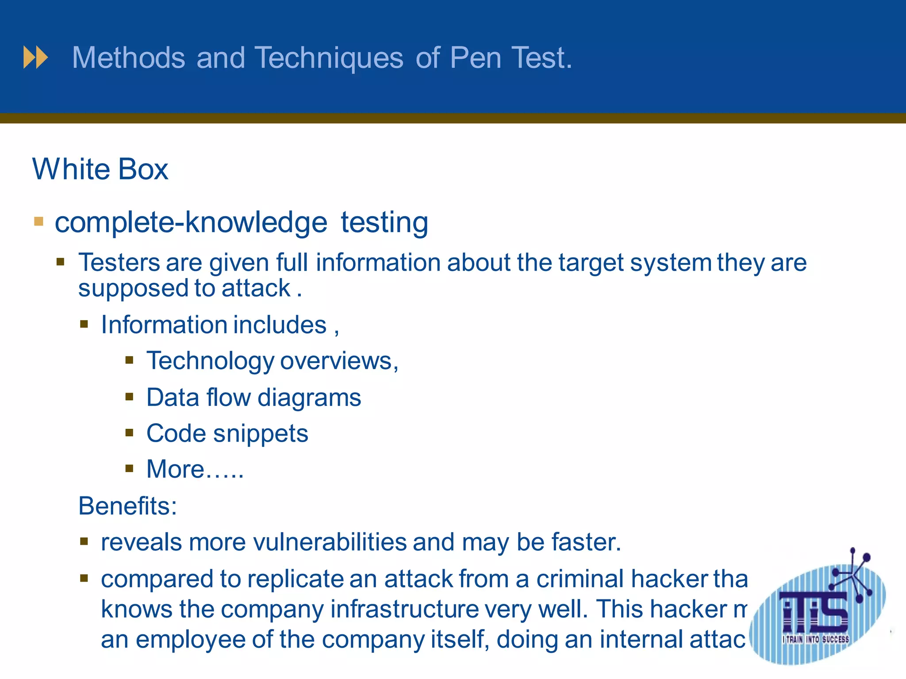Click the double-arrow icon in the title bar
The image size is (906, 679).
pos(35,57)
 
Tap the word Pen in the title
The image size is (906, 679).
pos(476,58)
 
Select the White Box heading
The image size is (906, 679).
pos(100,169)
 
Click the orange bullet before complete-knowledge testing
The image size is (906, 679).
pos(39,221)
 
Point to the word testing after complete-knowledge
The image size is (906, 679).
pos(384,222)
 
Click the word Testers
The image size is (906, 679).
pos(119,262)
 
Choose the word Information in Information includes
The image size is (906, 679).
pos(164,325)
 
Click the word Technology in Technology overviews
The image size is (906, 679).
pos(210,361)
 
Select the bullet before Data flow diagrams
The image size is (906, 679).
pos(129,397)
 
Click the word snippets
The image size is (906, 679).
pos(261,433)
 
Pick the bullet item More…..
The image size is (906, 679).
pos(195,469)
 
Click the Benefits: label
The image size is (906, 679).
pos(127,506)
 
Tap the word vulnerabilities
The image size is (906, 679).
pos(330,542)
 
